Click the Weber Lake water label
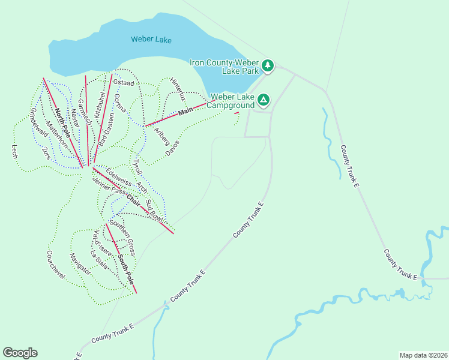click(151, 40)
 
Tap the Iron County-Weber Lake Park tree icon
click(268, 66)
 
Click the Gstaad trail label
click(122, 83)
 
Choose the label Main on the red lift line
click(185, 111)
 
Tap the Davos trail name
click(172, 148)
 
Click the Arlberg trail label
click(161, 136)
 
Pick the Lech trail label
click(14, 151)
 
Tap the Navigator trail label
click(80, 263)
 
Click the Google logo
click(20, 353)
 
